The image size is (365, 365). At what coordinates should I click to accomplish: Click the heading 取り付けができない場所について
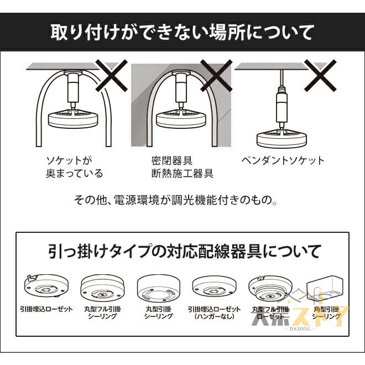[x=182, y=32]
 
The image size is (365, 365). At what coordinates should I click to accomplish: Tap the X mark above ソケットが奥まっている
[x=111, y=76]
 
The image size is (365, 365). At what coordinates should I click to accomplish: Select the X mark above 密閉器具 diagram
[x=216, y=76]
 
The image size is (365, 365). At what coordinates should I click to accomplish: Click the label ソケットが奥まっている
[x=74, y=167]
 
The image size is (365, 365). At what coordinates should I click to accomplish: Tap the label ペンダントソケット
[x=283, y=161]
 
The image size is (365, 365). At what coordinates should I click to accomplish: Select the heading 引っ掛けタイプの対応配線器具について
[x=183, y=252]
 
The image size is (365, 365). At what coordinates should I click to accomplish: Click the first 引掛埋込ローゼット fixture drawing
[x=46, y=286]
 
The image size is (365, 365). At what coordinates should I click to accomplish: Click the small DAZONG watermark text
[x=300, y=329]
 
